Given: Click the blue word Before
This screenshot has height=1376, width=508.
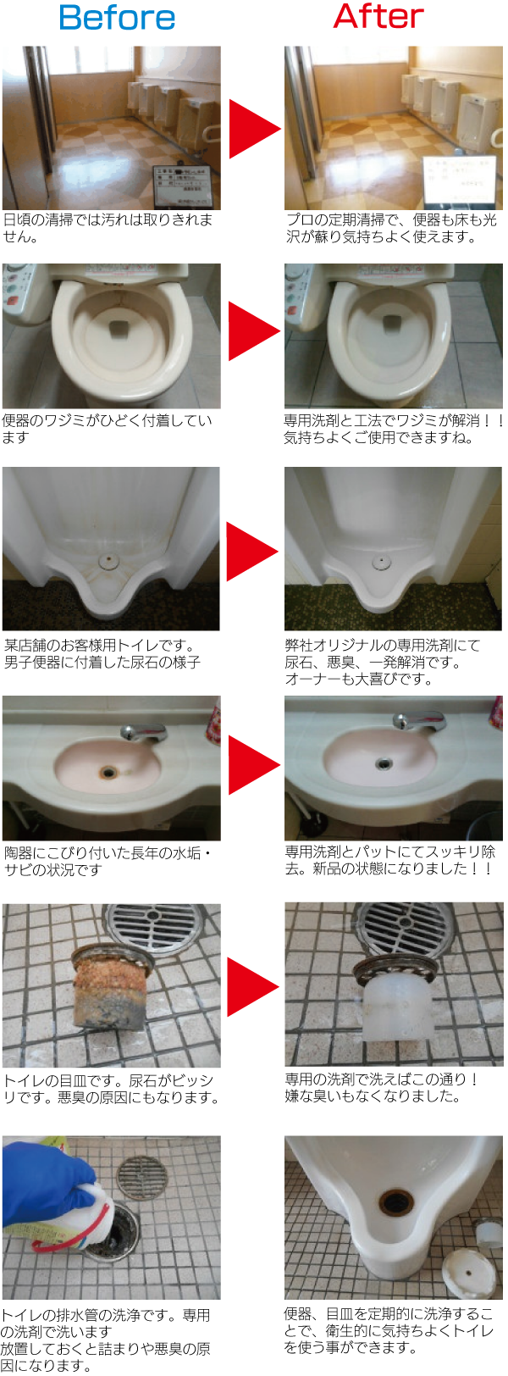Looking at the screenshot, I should (118, 18).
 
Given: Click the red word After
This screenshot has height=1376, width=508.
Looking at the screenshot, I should (378, 16).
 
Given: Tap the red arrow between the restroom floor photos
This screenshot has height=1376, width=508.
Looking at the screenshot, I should (252, 129).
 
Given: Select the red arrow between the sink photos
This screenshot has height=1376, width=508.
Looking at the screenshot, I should (252, 764).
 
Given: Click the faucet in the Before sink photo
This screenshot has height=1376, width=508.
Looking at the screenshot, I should (143, 733).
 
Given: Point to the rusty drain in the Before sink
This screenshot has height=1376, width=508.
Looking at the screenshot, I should (108, 772).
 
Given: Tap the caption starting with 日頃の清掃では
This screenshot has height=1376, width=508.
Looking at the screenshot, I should (107, 228).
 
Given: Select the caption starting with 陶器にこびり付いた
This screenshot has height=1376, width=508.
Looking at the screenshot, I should (107, 861).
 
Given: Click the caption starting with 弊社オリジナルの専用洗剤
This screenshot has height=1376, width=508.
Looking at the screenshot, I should (383, 662).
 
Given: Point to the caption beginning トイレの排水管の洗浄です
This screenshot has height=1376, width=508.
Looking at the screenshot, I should (106, 1340).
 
